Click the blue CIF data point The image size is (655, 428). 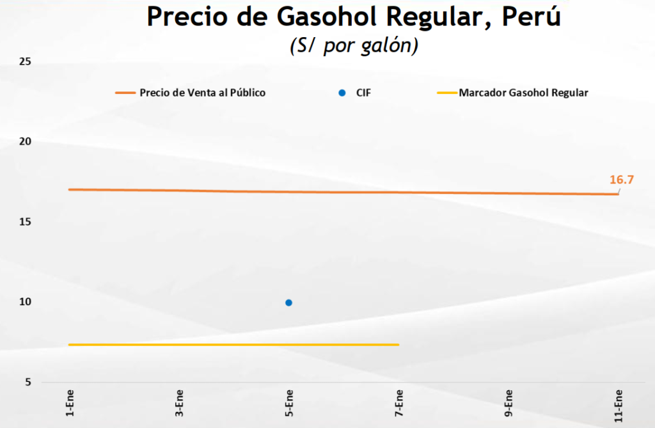(x=288, y=303)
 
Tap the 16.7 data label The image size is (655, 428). (x=620, y=179)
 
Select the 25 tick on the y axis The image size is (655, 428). (x=26, y=62)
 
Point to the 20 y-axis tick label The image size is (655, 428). (x=26, y=142)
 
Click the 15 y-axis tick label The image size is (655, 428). (x=26, y=222)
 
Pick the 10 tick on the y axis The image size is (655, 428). (x=26, y=302)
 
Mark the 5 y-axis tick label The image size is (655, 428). (x=29, y=383)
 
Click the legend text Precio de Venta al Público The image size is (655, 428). (x=202, y=93)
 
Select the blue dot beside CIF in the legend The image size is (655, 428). (x=342, y=93)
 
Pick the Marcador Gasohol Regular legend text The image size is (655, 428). (x=523, y=93)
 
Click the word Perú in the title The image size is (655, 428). (x=531, y=17)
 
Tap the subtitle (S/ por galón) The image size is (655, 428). (x=354, y=47)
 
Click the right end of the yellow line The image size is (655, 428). (x=398, y=344)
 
